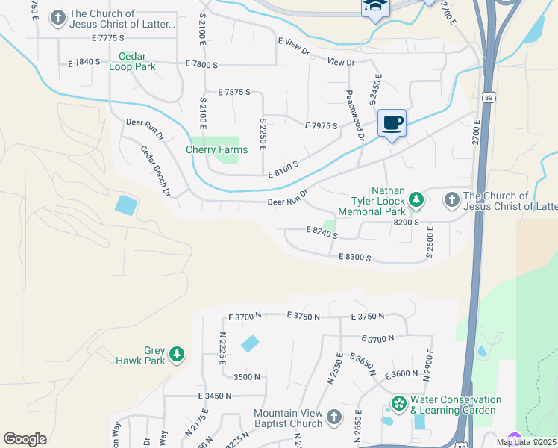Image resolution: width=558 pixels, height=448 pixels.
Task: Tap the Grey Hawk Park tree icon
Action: point(177,353)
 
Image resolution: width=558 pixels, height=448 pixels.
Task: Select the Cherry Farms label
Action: point(216,150)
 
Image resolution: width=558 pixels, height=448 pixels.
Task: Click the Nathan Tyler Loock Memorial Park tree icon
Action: point(416,199)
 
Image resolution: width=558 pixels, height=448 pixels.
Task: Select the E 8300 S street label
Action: point(354,258)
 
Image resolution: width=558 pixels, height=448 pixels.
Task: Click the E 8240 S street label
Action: point(322,234)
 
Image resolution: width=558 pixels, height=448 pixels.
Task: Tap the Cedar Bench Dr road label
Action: point(156,171)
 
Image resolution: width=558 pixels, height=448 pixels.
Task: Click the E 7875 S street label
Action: point(234,93)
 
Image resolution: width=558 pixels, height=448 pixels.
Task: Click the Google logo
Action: point(25,438)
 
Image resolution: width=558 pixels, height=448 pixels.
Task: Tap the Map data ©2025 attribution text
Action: point(525,442)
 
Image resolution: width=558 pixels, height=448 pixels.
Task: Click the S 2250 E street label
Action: point(263,133)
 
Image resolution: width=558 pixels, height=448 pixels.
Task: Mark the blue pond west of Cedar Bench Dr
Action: point(126,205)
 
